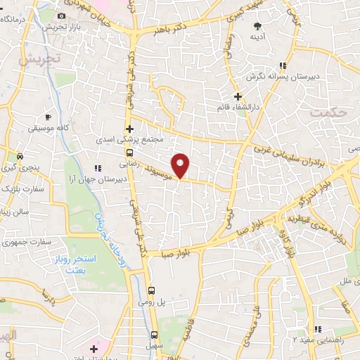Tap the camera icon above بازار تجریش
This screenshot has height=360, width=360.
pos(61,15)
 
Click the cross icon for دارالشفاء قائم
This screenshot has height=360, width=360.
pos(238,96)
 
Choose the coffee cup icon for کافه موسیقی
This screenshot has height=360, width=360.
pos(48,117)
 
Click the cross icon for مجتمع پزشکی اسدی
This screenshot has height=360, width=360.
pos(129,129)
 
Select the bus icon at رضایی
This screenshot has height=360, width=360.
pos(129,152)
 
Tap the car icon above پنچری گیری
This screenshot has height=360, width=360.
pos(20,155)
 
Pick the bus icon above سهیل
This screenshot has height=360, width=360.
pos(154,334)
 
